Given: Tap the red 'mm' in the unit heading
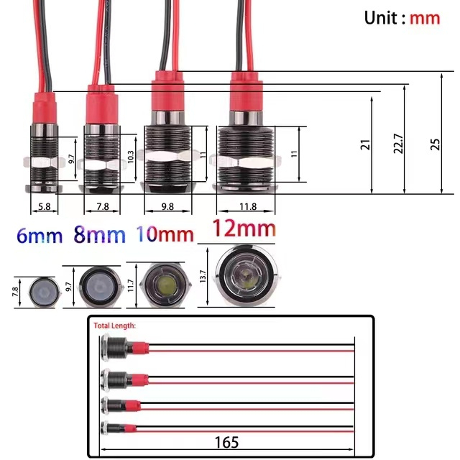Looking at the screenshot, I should [424, 18].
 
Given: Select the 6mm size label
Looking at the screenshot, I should [39, 235].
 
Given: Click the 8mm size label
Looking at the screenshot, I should [99, 235].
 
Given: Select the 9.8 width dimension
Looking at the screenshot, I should [167, 206].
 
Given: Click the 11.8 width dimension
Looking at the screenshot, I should [247, 206].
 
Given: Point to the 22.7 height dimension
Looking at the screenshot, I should [397, 143].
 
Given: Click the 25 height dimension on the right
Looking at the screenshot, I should [435, 143].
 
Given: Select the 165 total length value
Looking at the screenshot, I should [226, 442].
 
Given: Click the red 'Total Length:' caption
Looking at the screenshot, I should [115, 325].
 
